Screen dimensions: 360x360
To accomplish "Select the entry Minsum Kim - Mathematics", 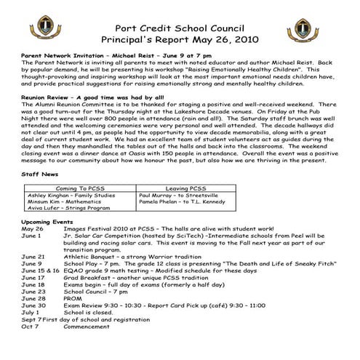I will pos(60,203).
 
